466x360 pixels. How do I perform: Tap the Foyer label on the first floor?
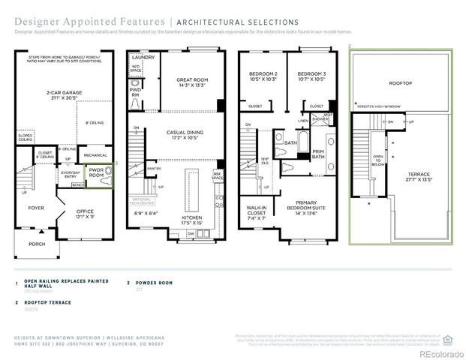(x=37, y=208)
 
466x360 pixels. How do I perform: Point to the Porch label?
(x=37, y=244)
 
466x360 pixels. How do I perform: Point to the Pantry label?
(x=155, y=169)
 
